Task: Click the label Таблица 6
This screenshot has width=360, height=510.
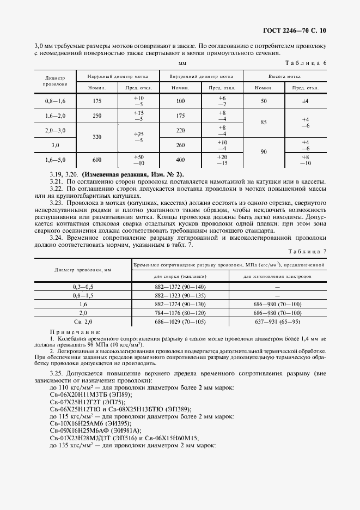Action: click(307, 64)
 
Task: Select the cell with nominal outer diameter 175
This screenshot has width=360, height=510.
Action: click(97, 101)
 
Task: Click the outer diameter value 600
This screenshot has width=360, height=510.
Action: click(97, 160)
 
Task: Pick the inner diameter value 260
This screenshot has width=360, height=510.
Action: click(180, 145)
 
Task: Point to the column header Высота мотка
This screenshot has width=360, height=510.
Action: click(284, 77)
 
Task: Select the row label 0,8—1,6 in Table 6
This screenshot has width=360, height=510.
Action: click(54, 101)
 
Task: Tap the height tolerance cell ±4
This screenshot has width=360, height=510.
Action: click(305, 101)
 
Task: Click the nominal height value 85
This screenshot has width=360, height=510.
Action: click(264, 123)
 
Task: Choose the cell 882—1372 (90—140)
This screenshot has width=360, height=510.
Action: click(181, 287)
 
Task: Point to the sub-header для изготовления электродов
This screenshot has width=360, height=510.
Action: click(277, 276)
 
